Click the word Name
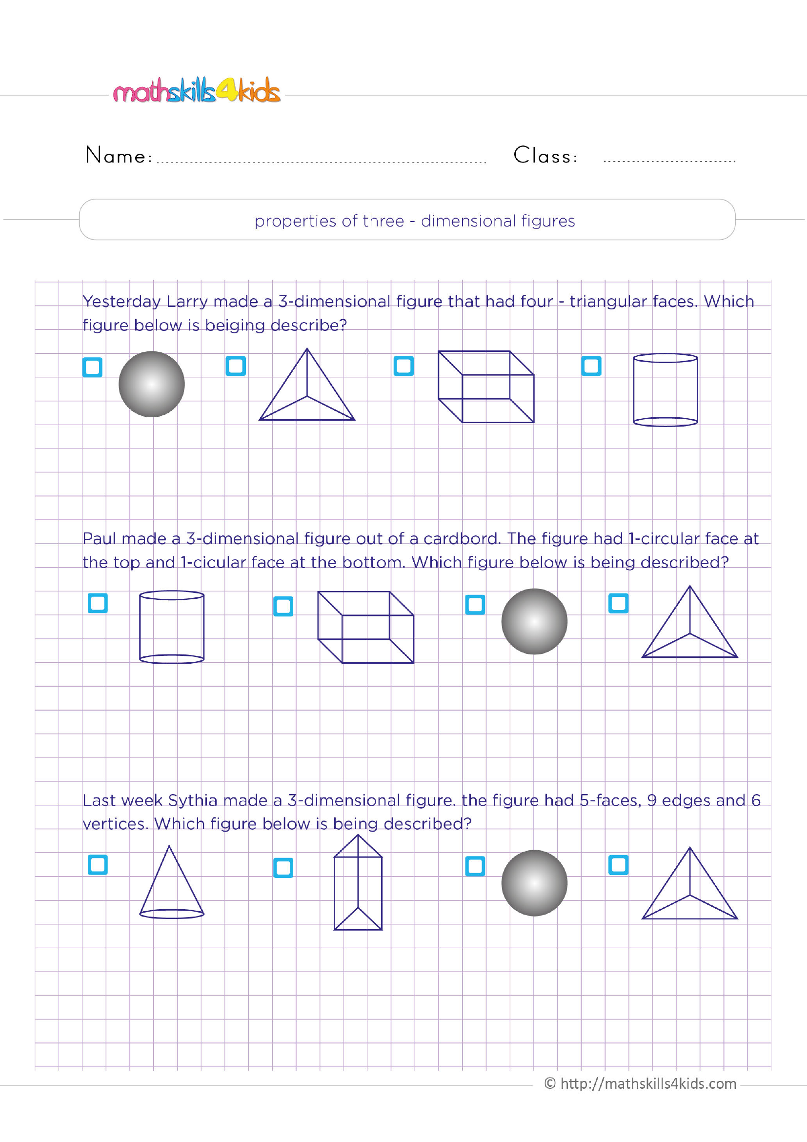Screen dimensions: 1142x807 tap(118, 155)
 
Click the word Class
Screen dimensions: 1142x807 tap(545, 155)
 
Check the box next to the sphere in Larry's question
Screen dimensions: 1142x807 tap(93, 367)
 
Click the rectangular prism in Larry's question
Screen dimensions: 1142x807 tap(486, 387)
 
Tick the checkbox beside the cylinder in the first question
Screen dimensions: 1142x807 tap(591, 366)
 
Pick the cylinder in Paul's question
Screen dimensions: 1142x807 tap(172, 627)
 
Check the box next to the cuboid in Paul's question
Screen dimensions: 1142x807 tap(283, 606)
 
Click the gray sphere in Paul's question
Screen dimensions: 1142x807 tap(534, 621)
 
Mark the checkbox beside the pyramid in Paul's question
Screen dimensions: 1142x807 tap(618, 603)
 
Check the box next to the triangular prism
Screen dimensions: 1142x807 tap(283, 867)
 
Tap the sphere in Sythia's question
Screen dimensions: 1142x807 tap(534, 883)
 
